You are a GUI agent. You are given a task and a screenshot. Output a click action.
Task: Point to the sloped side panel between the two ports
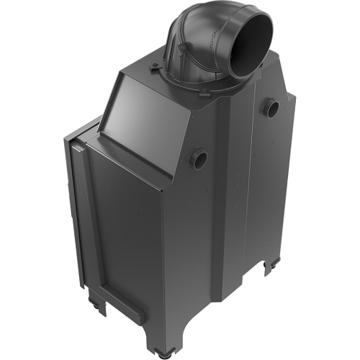[238, 130]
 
